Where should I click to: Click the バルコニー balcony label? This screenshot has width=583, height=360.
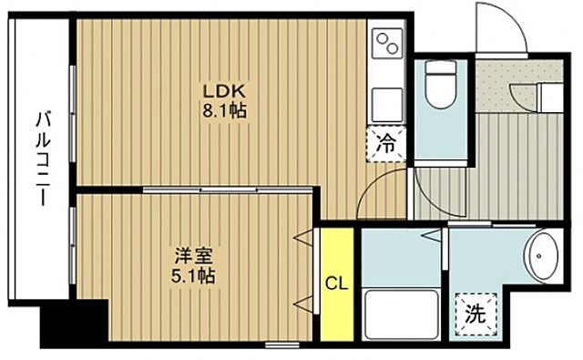pyautogui.click(x=42, y=159)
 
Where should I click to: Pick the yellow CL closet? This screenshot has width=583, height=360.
pyautogui.click(x=335, y=283)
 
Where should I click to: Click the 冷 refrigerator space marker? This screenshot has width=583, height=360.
pyautogui.click(x=387, y=142)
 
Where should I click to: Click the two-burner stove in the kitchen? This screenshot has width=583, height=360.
pyautogui.click(x=387, y=44)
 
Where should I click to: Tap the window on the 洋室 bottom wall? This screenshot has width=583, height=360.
pyautogui.click(x=273, y=345)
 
